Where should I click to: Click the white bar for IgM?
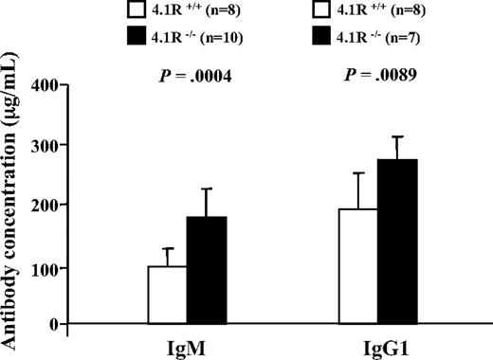(x=167, y=295)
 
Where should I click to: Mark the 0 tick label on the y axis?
(x=56, y=324)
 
